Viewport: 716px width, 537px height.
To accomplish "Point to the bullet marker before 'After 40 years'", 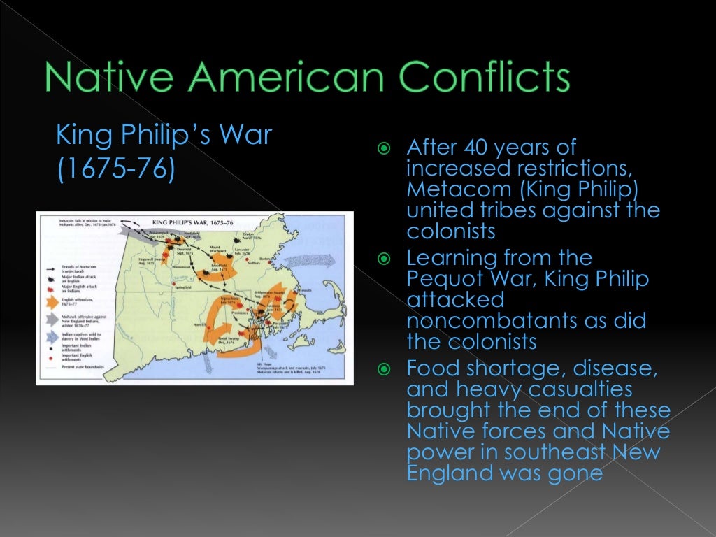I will click(x=382, y=148).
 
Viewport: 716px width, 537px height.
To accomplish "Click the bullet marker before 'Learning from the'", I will click(x=382, y=259).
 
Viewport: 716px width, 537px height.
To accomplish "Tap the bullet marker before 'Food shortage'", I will click(x=382, y=368).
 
